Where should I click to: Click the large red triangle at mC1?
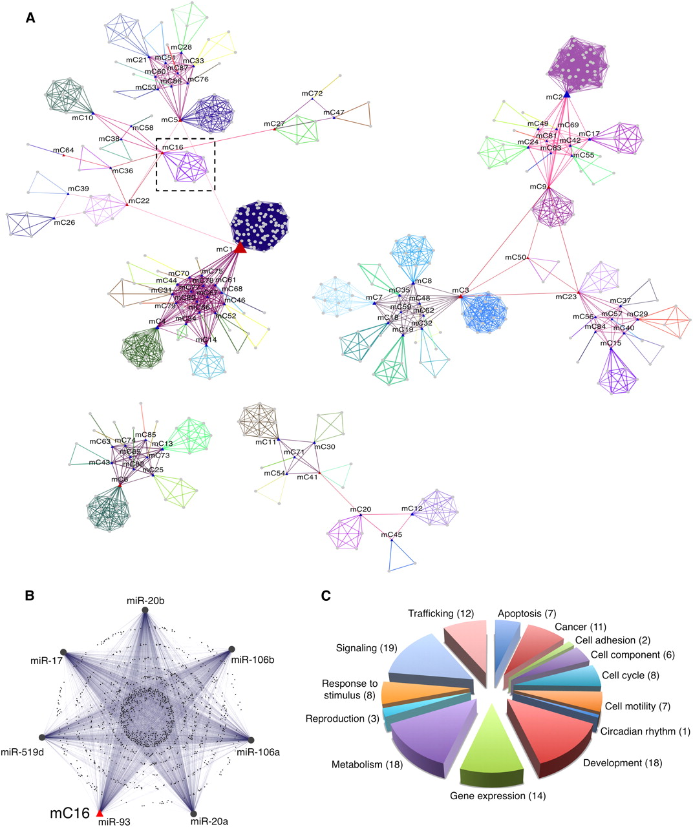[239, 247]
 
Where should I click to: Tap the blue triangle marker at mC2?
[566, 94]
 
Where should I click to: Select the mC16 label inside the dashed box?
[173, 147]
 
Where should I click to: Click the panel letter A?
[30, 19]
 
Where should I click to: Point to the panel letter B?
[30, 595]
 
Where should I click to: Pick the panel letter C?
[326, 595]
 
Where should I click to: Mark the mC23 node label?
[566, 297]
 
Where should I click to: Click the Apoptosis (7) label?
[527, 613]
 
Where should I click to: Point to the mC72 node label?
[312, 94]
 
